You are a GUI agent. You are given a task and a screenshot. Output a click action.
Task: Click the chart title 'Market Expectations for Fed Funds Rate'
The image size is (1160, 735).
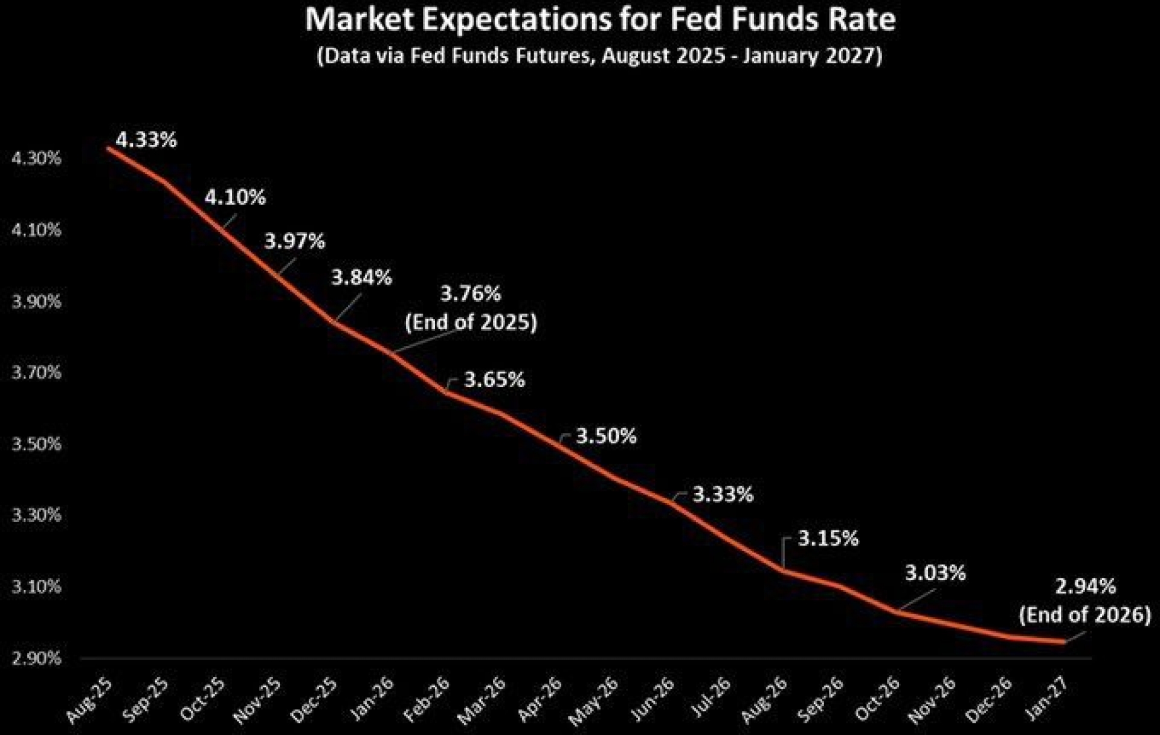tap(600, 21)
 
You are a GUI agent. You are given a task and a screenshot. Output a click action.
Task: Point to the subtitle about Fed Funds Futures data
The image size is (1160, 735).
tap(600, 56)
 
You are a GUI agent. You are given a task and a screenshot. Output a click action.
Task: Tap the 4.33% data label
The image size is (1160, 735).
tap(146, 140)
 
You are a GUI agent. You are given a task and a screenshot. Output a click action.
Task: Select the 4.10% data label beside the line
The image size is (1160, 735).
tap(235, 197)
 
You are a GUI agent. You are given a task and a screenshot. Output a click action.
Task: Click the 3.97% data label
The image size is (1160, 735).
tap(295, 242)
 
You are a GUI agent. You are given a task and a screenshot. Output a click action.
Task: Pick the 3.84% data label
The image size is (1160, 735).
tap(362, 278)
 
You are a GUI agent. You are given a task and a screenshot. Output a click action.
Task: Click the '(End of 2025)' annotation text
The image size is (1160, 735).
tap(471, 322)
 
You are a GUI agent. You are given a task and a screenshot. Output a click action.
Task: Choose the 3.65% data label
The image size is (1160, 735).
tap(494, 380)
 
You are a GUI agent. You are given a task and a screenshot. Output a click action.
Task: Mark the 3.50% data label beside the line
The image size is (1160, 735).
tap(606, 436)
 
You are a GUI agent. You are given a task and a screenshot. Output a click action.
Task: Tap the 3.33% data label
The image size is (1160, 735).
tap(723, 495)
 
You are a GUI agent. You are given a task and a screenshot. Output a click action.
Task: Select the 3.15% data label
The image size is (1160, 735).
tap(828, 539)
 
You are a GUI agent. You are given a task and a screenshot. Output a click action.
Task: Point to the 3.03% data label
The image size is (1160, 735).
tap(935, 573)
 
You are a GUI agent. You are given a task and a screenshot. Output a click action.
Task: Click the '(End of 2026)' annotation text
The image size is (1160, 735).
tap(1085, 615)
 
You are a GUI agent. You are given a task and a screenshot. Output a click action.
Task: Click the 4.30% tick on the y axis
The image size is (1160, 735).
tap(37, 159)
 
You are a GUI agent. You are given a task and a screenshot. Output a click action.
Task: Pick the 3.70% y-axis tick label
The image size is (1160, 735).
tap(37, 373)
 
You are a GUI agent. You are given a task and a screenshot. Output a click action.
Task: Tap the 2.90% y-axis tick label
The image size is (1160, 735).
tap(37, 658)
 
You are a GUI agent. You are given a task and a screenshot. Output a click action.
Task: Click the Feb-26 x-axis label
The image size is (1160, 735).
tap(427, 700)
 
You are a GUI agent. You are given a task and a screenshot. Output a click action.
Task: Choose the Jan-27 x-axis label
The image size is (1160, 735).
tap(1047, 700)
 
